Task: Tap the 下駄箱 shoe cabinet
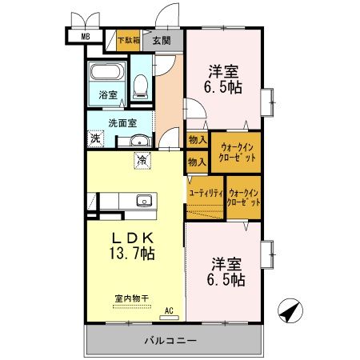[128, 39]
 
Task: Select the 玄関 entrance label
[162, 39]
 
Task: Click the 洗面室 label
[122, 122]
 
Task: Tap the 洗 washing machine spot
[96, 138]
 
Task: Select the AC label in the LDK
[169, 309]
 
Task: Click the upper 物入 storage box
[196, 140]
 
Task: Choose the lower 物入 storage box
[196, 162]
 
